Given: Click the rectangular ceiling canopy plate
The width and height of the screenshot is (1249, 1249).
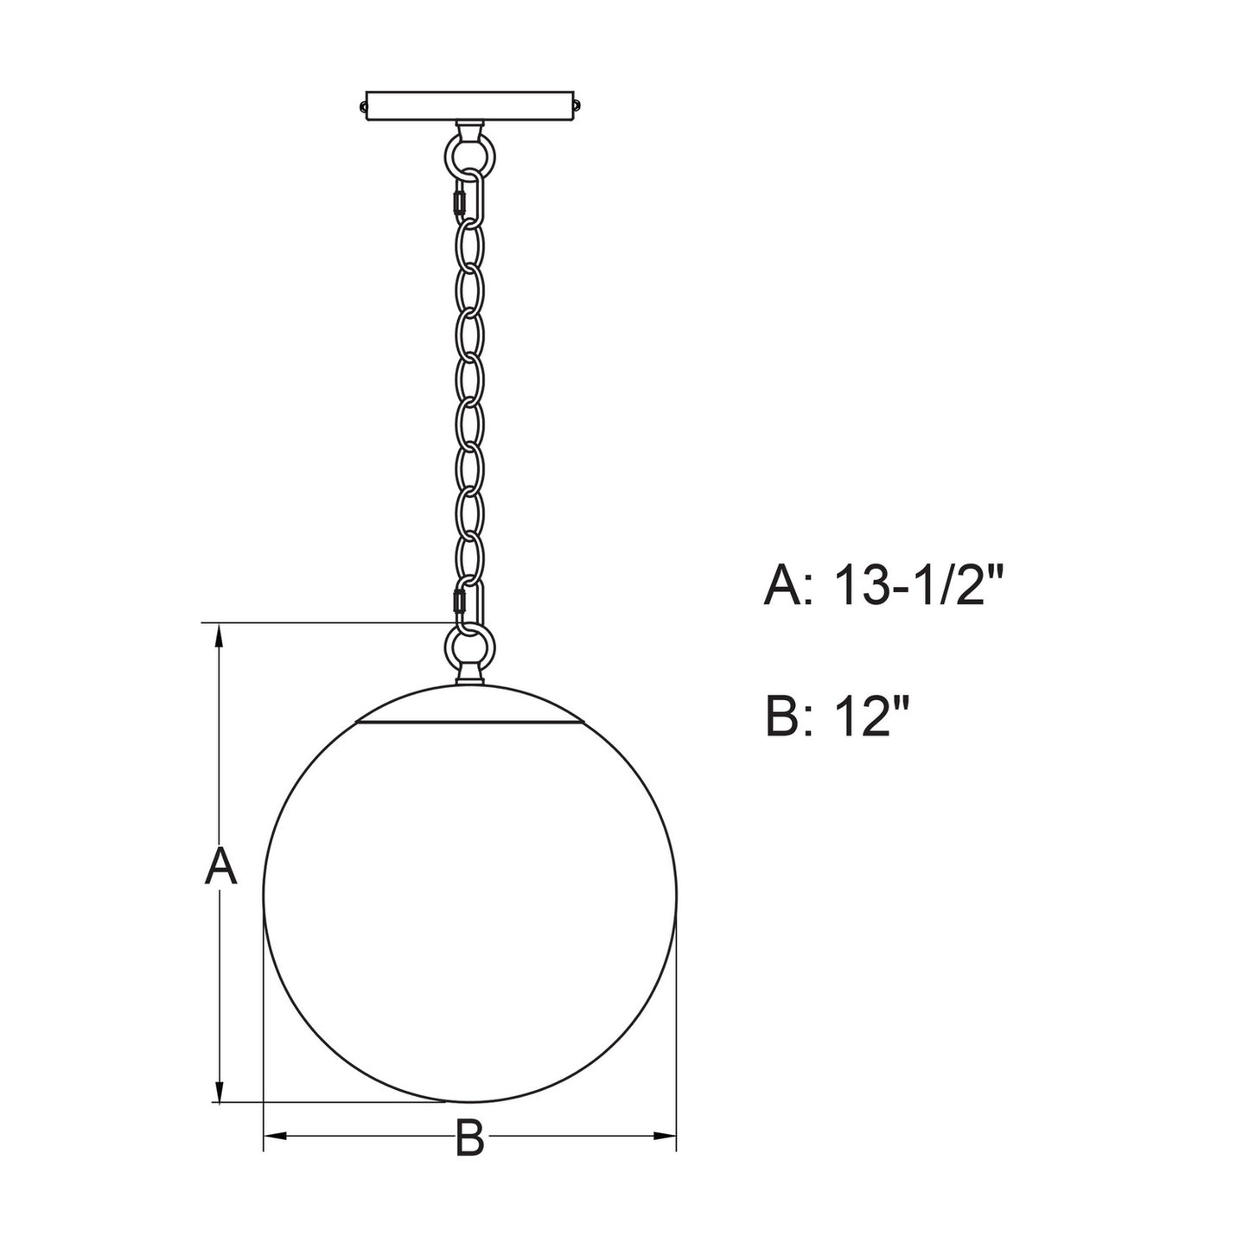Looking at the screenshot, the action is tap(470, 105).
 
